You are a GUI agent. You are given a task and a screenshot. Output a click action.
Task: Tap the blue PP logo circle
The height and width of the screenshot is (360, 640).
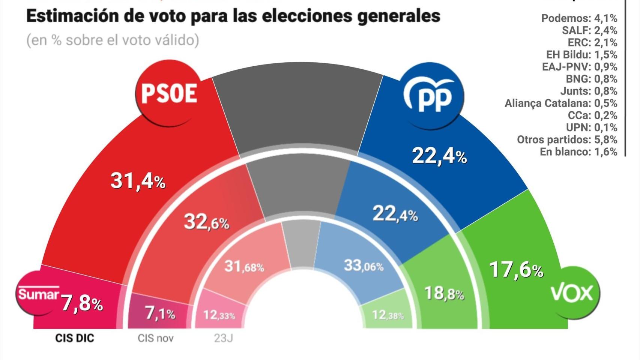(x=433, y=96)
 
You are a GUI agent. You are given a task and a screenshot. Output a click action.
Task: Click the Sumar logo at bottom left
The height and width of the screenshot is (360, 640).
(x=38, y=294)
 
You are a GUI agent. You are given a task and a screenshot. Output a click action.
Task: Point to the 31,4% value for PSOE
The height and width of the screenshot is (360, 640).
(x=138, y=181)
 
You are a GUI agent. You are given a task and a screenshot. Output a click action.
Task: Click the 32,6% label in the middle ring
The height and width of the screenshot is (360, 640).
(x=206, y=222)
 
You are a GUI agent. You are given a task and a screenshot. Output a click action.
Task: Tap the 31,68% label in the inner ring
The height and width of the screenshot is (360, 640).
(x=244, y=267)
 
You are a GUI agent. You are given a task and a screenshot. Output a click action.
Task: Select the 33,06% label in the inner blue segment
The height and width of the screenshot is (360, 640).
(x=364, y=266)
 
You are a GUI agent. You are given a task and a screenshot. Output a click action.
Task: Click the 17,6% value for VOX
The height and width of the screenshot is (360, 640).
(x=516, y=270)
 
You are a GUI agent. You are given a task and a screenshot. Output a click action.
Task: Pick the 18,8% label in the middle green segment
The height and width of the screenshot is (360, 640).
(x=444, y=293)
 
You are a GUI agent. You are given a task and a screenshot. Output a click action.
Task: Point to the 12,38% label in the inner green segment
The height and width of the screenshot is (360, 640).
(x=388, y=315)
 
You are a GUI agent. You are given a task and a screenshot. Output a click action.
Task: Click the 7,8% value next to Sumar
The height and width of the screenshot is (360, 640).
(x=82, y=303)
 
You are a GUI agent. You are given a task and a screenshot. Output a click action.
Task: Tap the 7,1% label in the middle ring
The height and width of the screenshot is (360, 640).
(x=160, y=313)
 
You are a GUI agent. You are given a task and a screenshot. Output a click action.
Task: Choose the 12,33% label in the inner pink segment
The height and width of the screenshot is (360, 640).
(x=219, y=315)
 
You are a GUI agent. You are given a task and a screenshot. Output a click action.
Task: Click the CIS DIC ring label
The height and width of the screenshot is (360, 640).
(x=75, y=338)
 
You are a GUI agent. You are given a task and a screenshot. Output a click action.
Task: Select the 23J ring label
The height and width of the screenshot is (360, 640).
(x=223, y=338)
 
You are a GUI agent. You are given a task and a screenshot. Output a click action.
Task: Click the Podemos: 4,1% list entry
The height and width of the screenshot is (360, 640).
(x=579, y=18)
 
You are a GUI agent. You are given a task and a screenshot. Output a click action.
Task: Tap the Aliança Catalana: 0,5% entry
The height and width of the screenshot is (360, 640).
(x=560, y=103)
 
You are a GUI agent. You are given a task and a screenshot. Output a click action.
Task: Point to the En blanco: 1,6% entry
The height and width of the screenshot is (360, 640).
(x=578, y=151)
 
